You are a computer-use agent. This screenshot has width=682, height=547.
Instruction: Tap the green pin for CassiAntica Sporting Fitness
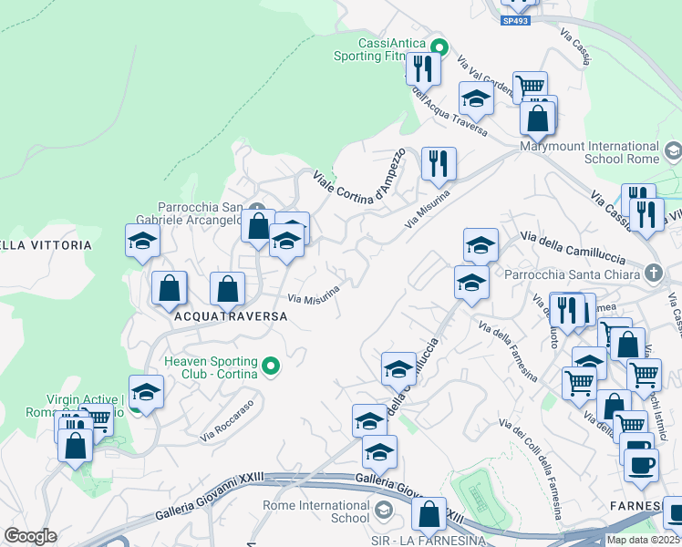439,46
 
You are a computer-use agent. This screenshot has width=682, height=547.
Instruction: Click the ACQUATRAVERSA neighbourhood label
229,316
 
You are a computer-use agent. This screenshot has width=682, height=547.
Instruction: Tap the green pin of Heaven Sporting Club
270,366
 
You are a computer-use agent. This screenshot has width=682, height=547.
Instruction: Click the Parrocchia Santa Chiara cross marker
652,272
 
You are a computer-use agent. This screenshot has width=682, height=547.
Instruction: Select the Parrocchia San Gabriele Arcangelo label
201,212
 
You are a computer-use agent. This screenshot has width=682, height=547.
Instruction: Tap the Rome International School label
315,511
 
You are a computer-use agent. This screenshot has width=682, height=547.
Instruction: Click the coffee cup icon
641,463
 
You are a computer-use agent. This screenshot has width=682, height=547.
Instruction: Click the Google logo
30,536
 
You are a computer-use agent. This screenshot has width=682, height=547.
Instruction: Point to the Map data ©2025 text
644,540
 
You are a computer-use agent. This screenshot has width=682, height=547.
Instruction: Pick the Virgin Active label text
85,399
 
